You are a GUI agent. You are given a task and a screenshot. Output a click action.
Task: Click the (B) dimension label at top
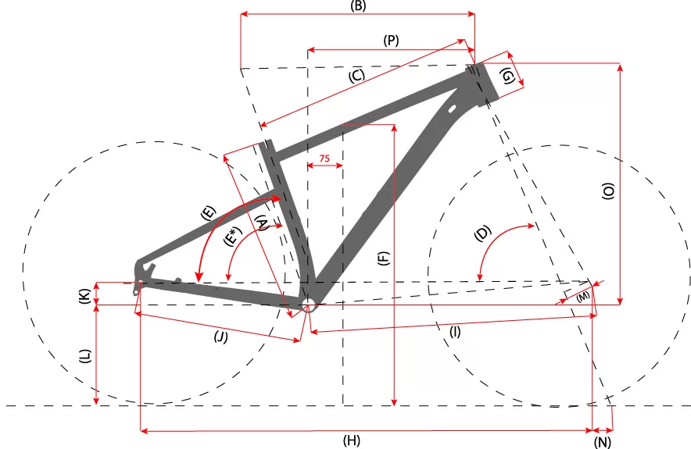(358, 5)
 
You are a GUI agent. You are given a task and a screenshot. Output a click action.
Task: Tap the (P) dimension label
(391, 41)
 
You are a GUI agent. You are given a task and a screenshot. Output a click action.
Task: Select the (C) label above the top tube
(356, 76)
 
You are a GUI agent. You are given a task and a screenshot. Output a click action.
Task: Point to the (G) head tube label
(508, 77)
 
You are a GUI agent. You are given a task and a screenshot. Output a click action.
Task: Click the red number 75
(324, 158)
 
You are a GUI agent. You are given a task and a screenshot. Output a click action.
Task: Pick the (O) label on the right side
(608, 191)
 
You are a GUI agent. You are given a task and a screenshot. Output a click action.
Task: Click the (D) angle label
(482, 233)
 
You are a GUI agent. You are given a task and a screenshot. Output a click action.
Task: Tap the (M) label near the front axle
(582, 296)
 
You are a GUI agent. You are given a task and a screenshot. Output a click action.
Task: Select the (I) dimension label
(455, 332)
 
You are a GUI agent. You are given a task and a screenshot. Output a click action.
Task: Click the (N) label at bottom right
(602, 442)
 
